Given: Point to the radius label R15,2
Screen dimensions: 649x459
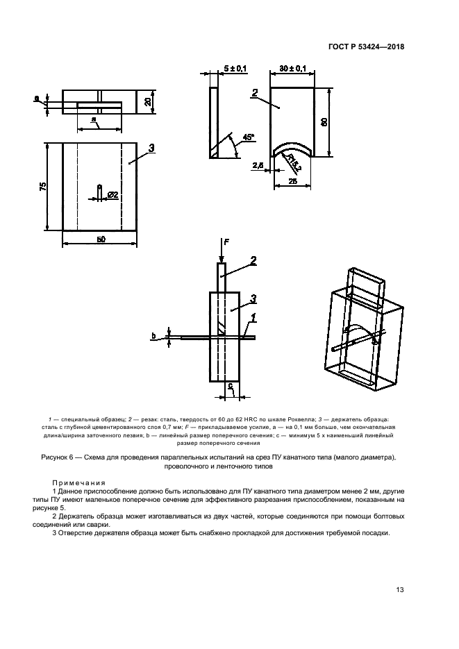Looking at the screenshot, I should click(294, 165).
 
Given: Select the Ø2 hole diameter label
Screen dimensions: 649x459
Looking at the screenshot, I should click(112, 196).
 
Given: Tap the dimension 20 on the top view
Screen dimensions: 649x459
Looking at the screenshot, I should click(148, 101).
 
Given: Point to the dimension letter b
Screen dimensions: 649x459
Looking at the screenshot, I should click(153, 337).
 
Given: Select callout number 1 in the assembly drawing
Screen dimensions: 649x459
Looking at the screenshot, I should click(254, 318).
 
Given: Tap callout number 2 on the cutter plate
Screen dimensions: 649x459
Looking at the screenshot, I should click(256, 92).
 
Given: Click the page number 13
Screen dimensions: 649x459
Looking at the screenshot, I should click(400, 589).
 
